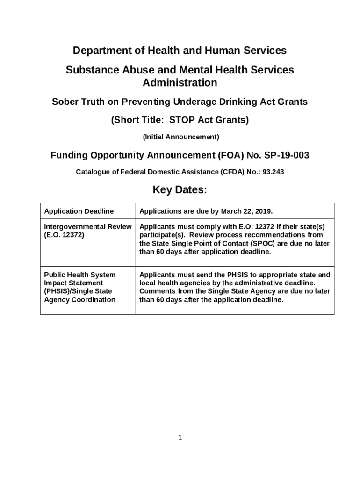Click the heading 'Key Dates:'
coord(180,191)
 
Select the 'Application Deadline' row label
coord(79,211)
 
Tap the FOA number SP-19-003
coord(286,155)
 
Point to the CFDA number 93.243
coord(274,172)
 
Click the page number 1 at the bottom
coord(180,438)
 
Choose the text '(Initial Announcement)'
coord(180,137)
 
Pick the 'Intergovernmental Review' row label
coord(88,227)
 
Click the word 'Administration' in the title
coord(180,83)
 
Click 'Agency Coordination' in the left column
coord(79,300)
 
